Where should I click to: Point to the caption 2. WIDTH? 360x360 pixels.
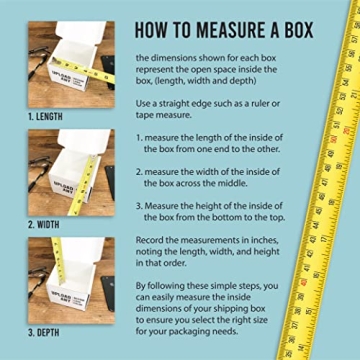45,224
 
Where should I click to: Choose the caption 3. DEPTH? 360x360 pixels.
45,331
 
